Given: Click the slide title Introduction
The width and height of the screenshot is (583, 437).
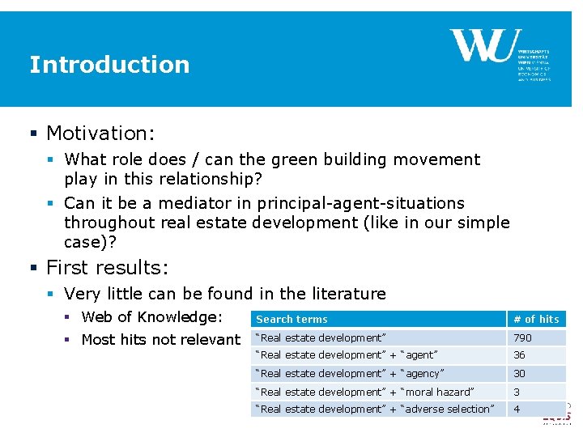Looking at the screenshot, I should pyautogui.click(x=109, y=65).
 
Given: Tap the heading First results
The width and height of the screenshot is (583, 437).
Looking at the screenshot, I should pyautogui.click(x=104, y=267).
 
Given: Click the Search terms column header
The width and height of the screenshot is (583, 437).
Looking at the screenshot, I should pyautogui.click(x=291, y=319).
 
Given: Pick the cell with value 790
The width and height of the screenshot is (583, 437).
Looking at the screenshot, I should pyautogui.click(x=522, y=337).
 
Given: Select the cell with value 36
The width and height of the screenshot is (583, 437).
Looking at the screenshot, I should pyautogui.click(x=519, y=355).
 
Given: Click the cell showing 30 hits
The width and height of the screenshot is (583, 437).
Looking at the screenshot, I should pyautogui.click(x=519, y=373).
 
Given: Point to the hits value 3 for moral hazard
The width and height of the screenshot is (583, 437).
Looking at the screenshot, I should pyautogui.click(x=517, y=392).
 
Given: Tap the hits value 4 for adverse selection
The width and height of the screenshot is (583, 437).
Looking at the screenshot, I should pyautogui.click(x=517, y=409).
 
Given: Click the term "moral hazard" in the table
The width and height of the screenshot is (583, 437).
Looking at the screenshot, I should pyautogui.click(x=437, y=392).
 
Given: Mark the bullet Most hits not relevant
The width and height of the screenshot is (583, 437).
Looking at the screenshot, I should pyautogui.click(x=160, y=340).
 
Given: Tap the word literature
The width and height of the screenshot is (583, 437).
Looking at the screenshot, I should pyautogui.click(x=348, y=294).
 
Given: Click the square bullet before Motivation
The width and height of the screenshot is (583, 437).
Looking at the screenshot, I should pyautogui.click(x=34, y=133).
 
